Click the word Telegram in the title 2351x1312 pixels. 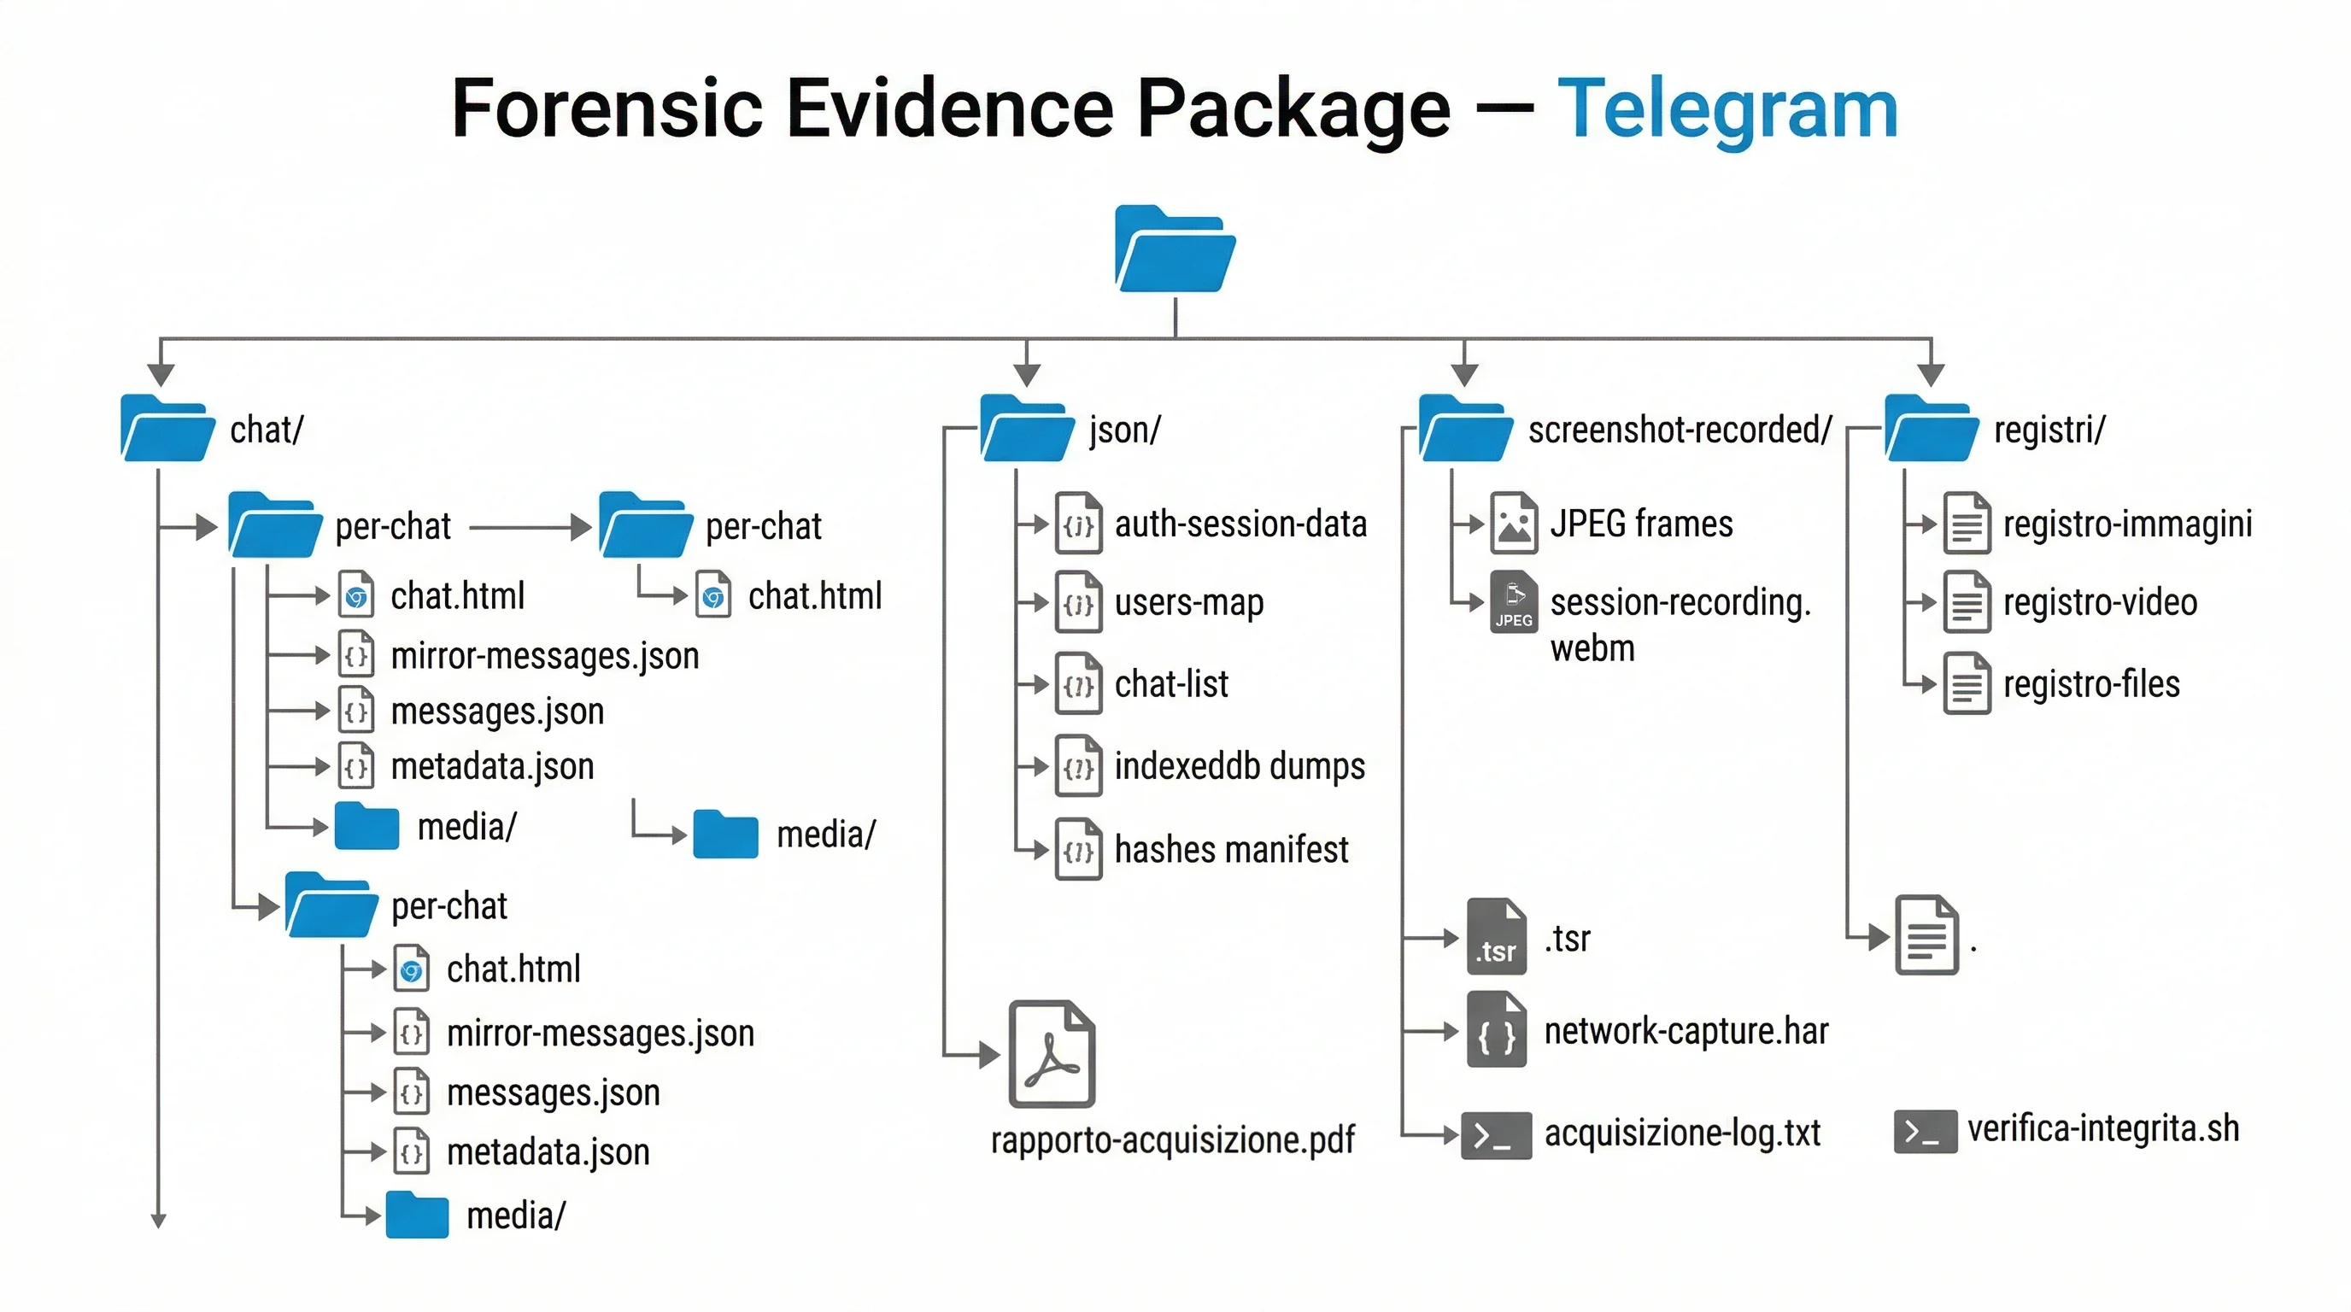tap(1727, 109)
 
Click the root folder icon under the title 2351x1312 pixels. tap(1175, 250)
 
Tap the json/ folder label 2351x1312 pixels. tap(1124, 430)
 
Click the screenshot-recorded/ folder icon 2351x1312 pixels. tap(1465, 428)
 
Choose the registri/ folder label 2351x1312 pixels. tap(2049, 430)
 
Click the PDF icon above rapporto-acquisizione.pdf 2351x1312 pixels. tap(1052, 1055)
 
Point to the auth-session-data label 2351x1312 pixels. tap(1240, 524)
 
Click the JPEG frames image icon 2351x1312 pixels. tap(1513, 524)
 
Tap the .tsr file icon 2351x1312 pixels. tap(1496, 938)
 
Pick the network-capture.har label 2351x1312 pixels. tap(1686, 1032)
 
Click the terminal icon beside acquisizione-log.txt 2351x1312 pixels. tap(1496, 1135)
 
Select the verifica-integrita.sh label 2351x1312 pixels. tap(2102, 1129)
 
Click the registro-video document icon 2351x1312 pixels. tap(1967, 602)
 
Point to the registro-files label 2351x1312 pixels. tap(2091, 684)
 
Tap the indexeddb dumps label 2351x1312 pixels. tap(1240, 766)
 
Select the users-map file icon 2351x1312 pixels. tap(1078, 602)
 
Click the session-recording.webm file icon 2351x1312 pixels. tap(1513, 602)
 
